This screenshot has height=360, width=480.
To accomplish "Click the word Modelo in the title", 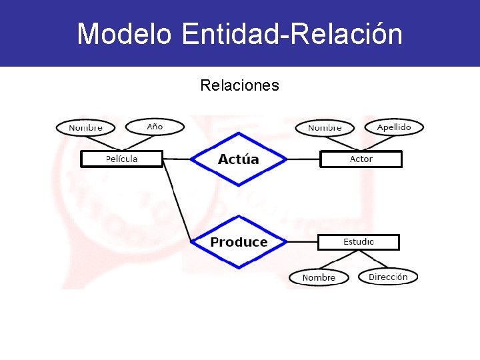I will tap(125, 33).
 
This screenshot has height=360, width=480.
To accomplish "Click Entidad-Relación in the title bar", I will tap(292, 33).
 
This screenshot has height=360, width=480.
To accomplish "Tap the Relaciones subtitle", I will tap(239, 85).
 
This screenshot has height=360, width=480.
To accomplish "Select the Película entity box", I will tap(121, 159).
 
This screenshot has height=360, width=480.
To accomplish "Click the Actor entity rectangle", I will tap(361, 159).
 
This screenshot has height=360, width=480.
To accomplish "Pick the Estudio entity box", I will tap(358, 241).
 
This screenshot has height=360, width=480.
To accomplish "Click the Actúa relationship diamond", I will tap(238, 159).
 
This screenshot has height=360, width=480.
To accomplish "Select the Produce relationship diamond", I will tap(239, 242).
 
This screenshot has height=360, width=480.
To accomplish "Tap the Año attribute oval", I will tap(155, 126).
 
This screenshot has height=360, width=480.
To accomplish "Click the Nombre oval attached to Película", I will tap(85, 127).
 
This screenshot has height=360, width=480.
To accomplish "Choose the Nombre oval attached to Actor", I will tap(325, 127).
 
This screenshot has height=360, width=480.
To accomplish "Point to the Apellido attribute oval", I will tap(394, 127).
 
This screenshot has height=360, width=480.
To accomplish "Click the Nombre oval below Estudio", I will tap(319, 277).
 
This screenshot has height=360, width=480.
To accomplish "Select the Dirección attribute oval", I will tap(388, 276).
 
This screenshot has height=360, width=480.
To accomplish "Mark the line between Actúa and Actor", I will tap(303, 159).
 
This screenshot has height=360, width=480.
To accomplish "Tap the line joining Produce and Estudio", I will tap(302, 242).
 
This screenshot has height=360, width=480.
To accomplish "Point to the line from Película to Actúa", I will tap(176, 159).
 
